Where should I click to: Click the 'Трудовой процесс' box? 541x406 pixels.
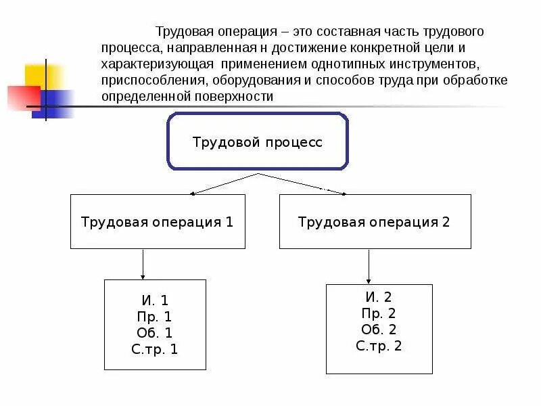(258, 142)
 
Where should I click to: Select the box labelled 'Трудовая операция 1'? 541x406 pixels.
(158, 222)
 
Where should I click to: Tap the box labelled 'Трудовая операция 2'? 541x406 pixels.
(375, 222)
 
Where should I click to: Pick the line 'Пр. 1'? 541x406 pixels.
(155, 317)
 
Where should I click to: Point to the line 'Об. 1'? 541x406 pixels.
(155, 333)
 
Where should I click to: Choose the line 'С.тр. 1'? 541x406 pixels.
(155, 349)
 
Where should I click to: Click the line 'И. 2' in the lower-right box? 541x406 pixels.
(379, 297)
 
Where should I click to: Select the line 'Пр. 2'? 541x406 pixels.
(379, 313)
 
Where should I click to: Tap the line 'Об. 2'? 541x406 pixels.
(379, 330)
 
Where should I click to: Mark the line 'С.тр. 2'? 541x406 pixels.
(379, 346)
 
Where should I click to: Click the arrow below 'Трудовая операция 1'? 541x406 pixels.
(143, 264)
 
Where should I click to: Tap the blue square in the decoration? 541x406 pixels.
(57, 104)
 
